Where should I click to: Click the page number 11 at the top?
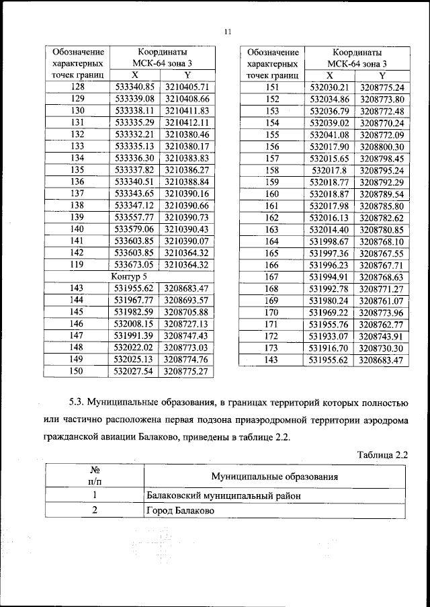click(x=227, y=30)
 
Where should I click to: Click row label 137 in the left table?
click(x=77, y=194)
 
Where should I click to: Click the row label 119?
click(x=77, y=265)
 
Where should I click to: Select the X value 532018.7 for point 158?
click(x=329, y=171)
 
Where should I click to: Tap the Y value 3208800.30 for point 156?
click(x=381, y=147)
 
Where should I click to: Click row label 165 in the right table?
click(x=271, y=253)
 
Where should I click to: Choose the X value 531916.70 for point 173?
click(x=329, y=348)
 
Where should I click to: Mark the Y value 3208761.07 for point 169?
click(x=381, y=300)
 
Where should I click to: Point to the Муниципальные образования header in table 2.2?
click(x=273, y=477)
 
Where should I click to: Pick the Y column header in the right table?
click(x=381, y=76)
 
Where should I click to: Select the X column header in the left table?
click(x=135, y=75)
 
